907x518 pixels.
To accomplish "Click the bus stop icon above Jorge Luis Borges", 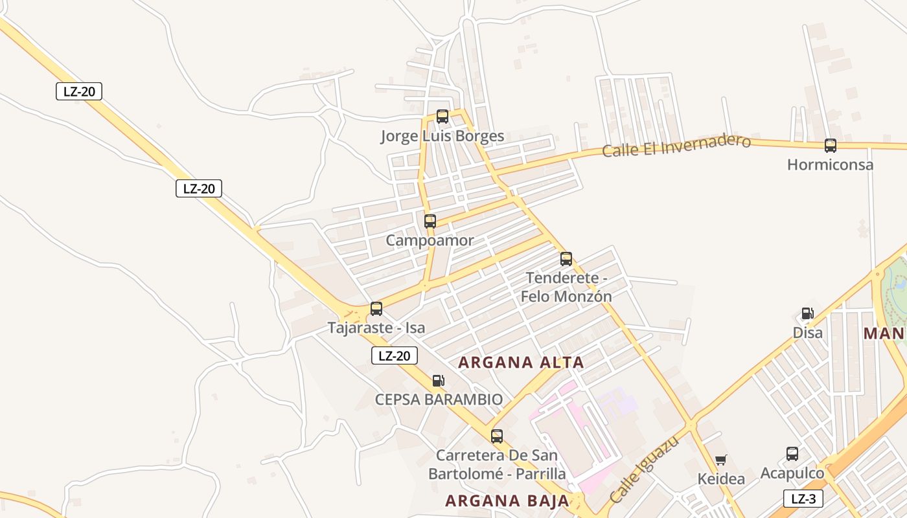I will pos(442,117).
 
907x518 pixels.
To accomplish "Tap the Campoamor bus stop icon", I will pos(430,221).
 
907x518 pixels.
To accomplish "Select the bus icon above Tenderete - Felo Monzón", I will pos(566,259).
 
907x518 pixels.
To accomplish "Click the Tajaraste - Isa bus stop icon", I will pos(376,309).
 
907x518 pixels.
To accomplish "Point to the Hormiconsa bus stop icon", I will pos(831,146).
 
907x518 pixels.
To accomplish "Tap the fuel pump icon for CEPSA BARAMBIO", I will pos(439,381).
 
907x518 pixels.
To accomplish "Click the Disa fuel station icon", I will pos(808,314).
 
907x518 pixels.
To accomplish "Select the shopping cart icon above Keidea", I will pos(721,460).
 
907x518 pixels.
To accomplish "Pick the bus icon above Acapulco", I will pos(792,454).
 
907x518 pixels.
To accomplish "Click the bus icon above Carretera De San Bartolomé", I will pos(497,436).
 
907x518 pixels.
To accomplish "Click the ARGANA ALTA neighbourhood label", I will pos(521,363).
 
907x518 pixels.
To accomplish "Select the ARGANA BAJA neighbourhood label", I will pos(507,501).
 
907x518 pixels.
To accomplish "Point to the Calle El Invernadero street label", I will pos(676,146).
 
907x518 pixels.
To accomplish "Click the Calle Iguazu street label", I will pos(645,470).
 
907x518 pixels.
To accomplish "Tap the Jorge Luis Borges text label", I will pos(442,136).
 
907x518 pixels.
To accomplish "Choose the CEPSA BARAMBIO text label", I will pos(439,400).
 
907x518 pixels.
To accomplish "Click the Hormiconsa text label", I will pos(830,164).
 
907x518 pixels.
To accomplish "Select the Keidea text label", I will pos(721,479).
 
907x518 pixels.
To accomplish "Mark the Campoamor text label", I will pos(430,241).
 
